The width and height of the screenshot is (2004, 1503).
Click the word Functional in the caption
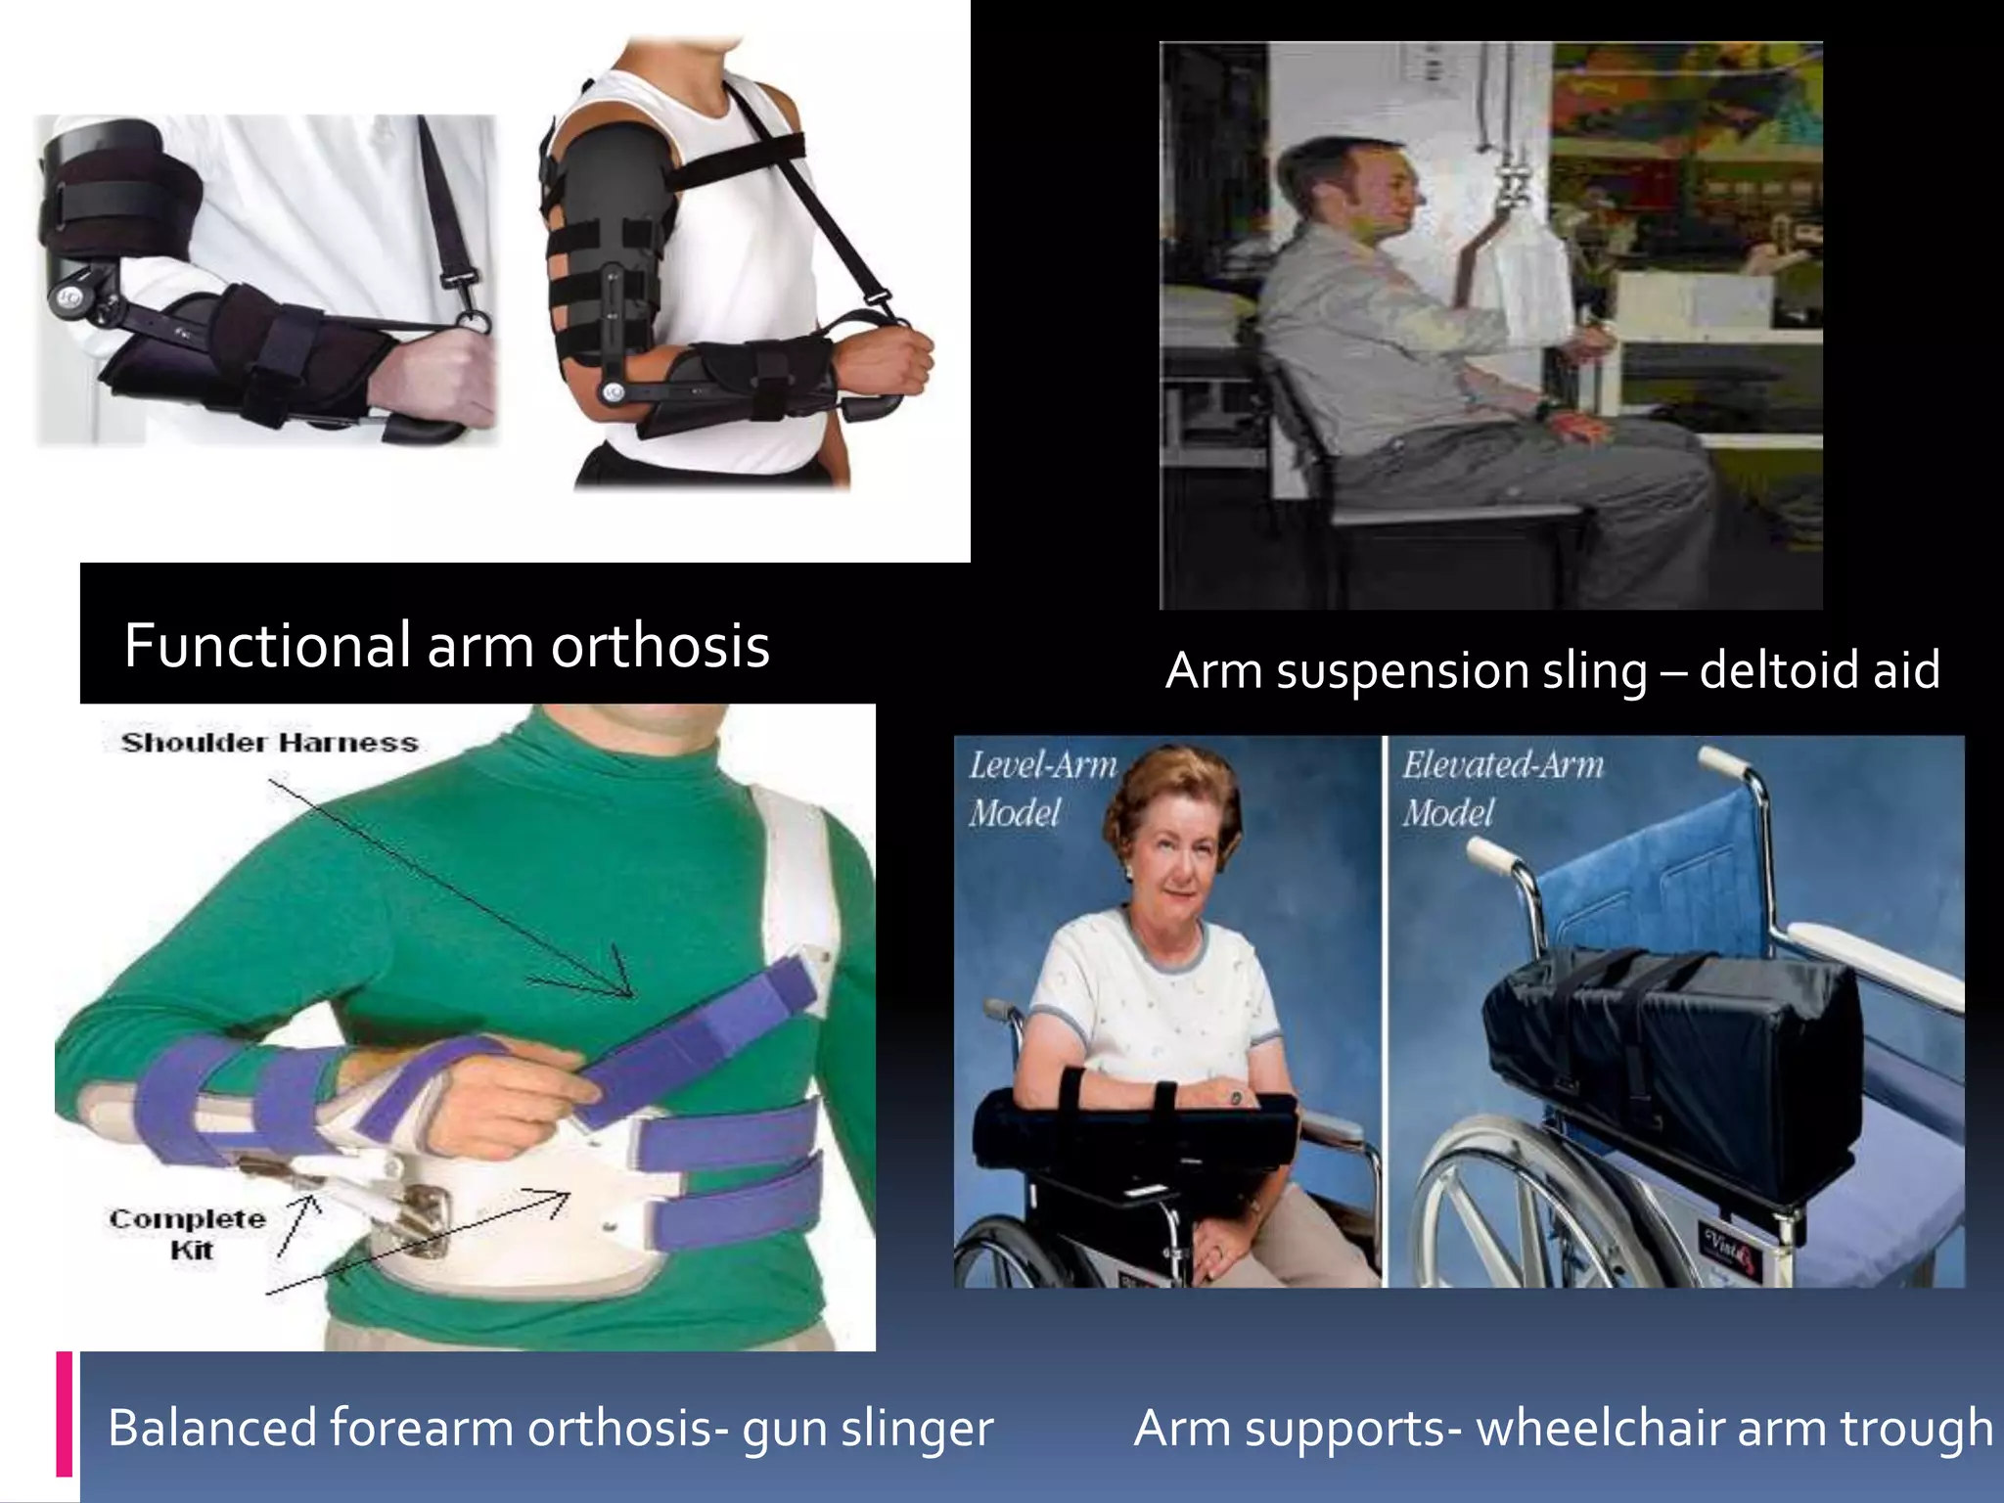[266, 647]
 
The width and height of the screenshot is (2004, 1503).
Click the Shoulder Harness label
[269, 743]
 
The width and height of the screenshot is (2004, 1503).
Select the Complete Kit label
[188, 1233]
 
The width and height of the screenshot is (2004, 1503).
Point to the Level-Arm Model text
[1041, 789]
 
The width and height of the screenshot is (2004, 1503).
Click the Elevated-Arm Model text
[1501, 789]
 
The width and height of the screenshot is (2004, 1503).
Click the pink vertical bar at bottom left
[65, 1413]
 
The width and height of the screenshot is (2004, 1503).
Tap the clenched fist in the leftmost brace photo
[445, 377]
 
